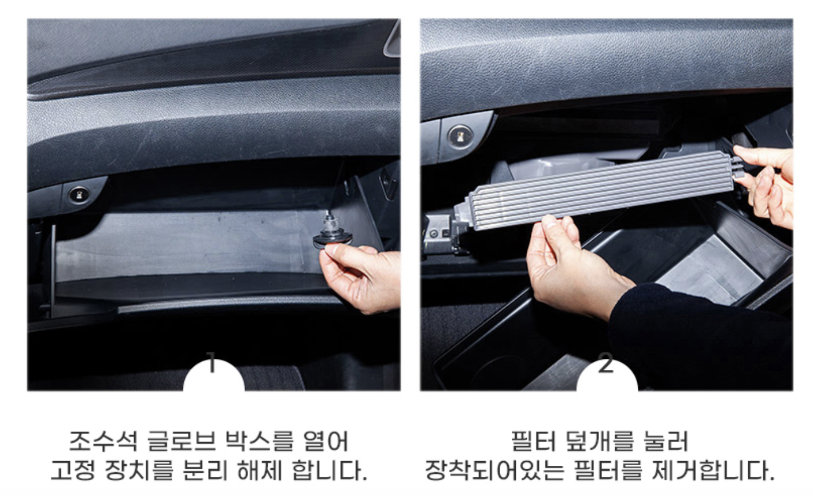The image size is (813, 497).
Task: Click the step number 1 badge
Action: coord(213,374)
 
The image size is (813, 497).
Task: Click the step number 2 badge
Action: coord(607,374)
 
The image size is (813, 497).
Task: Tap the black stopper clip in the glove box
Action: coord(332,232)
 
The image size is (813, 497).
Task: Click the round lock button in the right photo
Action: coord(460,137)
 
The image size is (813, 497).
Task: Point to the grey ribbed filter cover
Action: coord(599,190)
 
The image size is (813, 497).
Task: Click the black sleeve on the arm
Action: coord(700,337)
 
